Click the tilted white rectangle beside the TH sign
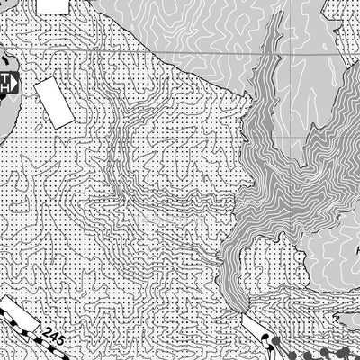coord(54,101)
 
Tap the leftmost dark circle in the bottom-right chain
coord(269,339)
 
